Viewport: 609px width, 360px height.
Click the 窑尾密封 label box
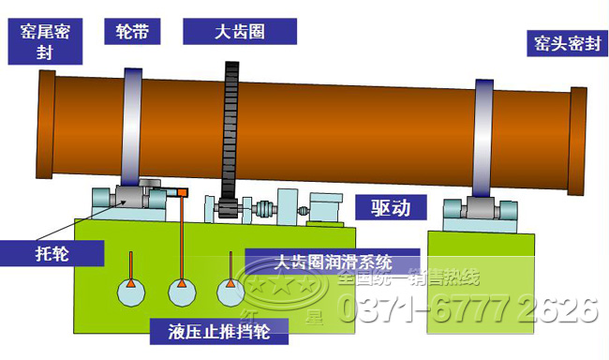(45, 41)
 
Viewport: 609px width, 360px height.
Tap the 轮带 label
(131, 31)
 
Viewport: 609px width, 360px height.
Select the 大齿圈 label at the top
(239, 31)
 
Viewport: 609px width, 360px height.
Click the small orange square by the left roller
(182, 192)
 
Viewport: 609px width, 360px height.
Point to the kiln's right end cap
(578, 138)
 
